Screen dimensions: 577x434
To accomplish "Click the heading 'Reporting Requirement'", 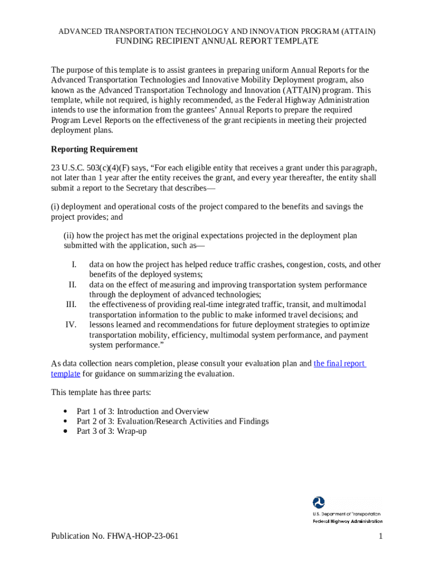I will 94,149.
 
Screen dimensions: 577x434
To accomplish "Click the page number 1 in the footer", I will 381,536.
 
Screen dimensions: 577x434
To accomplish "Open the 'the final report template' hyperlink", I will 339,363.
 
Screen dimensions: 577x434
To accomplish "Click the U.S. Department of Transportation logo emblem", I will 319,503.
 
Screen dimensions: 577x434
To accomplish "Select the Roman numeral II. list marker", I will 72,285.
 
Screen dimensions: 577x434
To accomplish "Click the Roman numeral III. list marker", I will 71,305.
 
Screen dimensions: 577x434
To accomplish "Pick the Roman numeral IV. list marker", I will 71,325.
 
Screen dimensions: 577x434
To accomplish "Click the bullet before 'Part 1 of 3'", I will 66,411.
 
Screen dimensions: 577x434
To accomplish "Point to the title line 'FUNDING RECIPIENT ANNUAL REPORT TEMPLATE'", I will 217,41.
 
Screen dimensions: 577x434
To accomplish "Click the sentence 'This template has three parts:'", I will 101,392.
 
